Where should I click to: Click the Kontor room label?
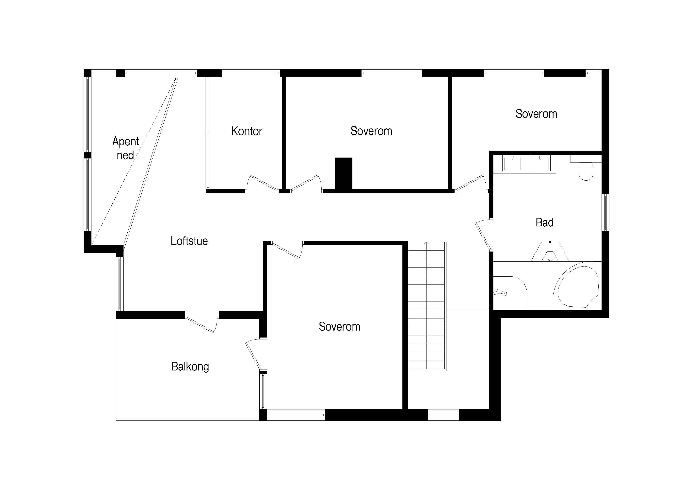click(x=247, y=131)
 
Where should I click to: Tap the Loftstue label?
click(x=189, y=241)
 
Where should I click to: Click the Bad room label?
click(x=544, y=222)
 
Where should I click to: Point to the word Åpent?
click(x=126, y=141)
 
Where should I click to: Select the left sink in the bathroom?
click(x=512, y=163)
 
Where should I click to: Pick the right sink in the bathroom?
click(x=540, y=163)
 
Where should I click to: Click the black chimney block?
click(x=344, y=174)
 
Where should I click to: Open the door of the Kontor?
click(x=262, y=183)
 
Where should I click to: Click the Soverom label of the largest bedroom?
click(x=340, y=327)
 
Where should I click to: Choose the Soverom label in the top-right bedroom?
click(x=536, y=114)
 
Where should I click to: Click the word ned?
click(x=125, y=155)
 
